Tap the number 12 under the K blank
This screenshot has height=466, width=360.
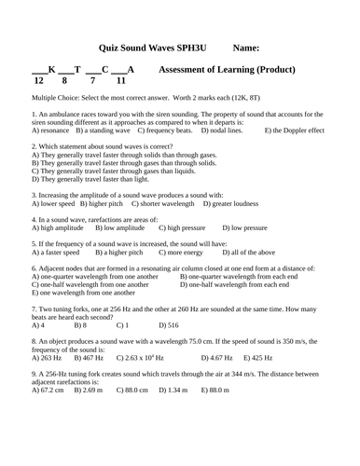point(38,82)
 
